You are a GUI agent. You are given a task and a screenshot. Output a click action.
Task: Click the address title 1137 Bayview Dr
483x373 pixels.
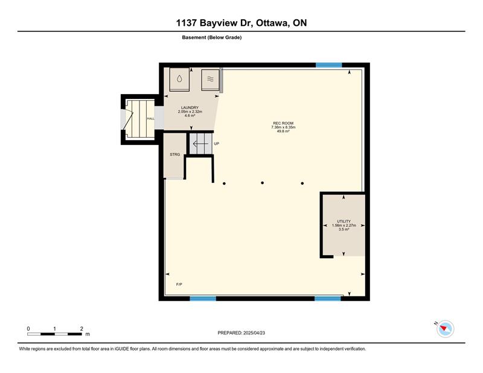tap(215, 23)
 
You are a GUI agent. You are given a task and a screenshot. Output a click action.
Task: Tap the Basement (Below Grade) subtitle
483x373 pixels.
tap(212, 37)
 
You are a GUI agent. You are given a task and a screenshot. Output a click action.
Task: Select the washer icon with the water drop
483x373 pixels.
tap(179, 79)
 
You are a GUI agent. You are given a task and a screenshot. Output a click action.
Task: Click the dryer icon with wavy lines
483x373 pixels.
tap(210, 80)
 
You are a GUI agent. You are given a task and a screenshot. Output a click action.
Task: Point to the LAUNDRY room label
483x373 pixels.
tap(190, 107)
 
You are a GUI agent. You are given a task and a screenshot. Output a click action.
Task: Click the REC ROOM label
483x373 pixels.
tap(283, 123)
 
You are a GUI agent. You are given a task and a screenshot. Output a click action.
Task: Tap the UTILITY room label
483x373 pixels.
tap(344, 221)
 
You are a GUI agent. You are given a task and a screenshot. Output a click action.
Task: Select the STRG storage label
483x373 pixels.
tap(174, 155)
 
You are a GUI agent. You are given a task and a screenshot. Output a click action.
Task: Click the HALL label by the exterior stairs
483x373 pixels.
tap(150, 118)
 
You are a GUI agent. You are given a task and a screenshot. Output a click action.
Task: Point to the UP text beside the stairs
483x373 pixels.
tap(217, 144)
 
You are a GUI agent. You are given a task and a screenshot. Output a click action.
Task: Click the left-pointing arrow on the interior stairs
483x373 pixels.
tap(200, 144)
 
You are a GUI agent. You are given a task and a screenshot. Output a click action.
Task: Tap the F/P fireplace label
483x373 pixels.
tap(179, 284)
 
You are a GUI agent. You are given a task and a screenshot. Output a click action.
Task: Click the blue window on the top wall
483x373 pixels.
tap(329, 65)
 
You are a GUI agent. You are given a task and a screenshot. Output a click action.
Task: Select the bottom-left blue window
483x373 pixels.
tap(203, 298)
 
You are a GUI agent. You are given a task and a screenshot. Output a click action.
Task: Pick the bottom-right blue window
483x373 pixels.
tap(328, 298)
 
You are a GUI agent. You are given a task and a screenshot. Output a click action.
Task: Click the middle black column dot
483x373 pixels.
tap(262, 183)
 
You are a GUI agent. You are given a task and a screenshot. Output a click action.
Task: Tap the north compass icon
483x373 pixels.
tap(445, 329)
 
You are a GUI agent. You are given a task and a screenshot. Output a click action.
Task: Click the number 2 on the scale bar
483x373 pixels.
tap(82, 329)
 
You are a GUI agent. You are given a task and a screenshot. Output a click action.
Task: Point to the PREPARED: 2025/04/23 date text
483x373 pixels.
tap(241, 333)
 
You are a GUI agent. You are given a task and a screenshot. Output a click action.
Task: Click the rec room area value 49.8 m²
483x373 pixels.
tap(283, 131)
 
